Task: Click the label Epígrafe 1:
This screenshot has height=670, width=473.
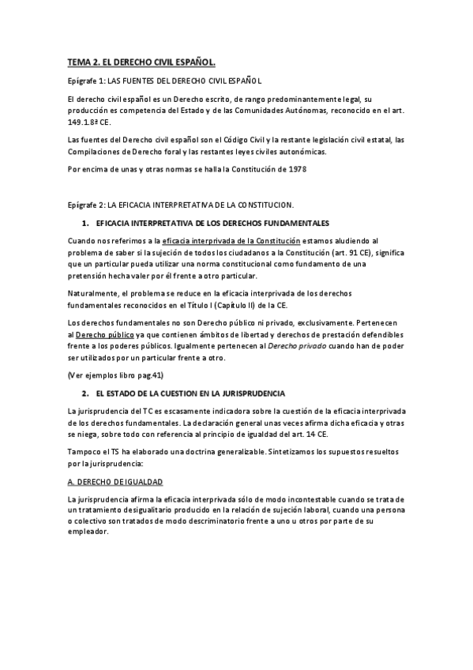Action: (85, 81)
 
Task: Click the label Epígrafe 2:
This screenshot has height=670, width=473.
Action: (85, 205)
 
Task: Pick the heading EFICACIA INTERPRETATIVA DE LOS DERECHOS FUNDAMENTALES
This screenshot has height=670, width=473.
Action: (212, 224)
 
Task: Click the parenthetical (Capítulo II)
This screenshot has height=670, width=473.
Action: (278, 304)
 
